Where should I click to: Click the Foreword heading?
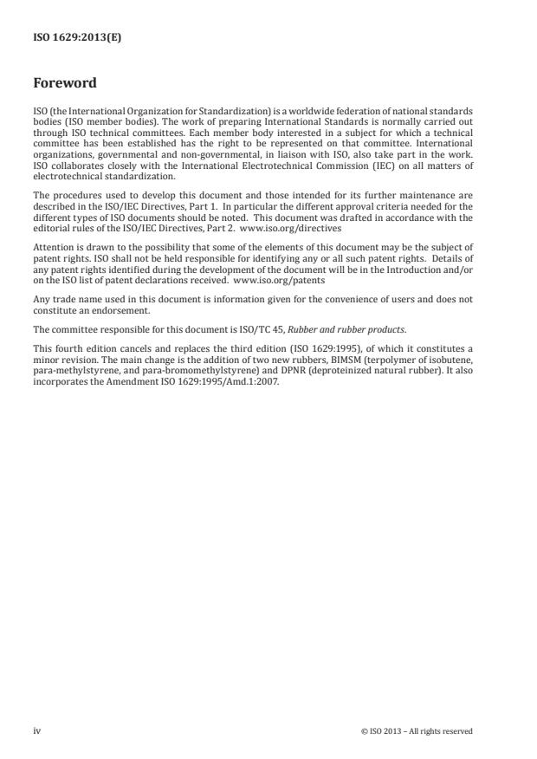65,83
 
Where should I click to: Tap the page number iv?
36,731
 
